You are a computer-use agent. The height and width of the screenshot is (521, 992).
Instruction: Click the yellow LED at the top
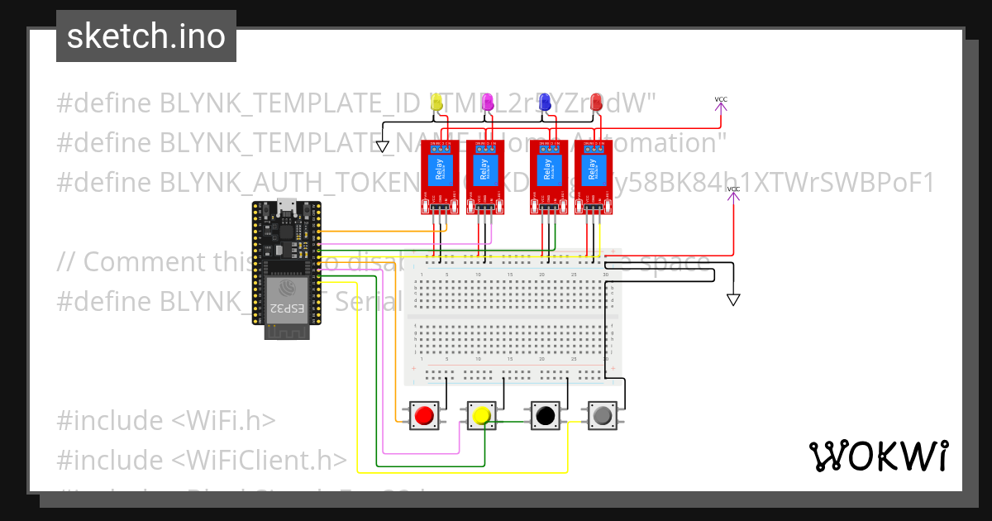click(436, 102)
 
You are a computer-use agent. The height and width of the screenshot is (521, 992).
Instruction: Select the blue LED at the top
click(545, 102)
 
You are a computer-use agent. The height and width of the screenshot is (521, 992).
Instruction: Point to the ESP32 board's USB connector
click(286, 207)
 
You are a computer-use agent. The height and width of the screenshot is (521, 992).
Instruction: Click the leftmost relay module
click(440, 176)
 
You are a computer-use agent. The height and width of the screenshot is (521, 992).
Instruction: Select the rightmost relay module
click(594, 176)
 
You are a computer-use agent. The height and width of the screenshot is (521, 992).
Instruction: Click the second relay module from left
click(485, 176)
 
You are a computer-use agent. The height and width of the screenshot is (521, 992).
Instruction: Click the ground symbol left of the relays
click(382, 146)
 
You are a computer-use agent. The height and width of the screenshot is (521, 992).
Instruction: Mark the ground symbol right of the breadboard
click(732, 299)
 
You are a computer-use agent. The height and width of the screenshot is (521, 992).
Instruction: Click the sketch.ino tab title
click(146, 36)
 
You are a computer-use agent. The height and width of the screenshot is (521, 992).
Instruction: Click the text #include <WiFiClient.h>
click(201, 460)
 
